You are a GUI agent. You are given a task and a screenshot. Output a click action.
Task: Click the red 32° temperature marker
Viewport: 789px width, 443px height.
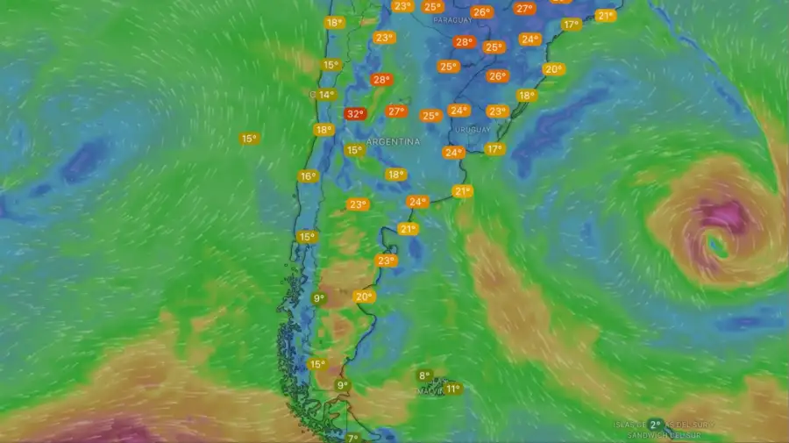pyautogui.click(x=354, y=113)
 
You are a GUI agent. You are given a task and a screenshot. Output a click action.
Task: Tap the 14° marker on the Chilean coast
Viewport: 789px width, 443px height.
pyautogui.click(x=325, y=95)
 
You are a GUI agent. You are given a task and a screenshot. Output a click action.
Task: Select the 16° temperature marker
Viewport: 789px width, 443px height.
pyautogui.click(x=308, y=176)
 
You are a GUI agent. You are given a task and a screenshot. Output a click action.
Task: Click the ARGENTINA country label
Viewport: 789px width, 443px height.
pyautogui.click(x=393, y=141)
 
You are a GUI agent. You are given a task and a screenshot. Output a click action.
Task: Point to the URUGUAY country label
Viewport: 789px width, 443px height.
pyautogui.click(x=473, y=130)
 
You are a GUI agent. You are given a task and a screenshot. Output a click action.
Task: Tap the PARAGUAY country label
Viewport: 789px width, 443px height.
pyautogui.click(x=451, y=19)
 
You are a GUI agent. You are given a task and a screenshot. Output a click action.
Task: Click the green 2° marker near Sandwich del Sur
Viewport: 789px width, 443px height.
pyautogui.click(x=654, y=425)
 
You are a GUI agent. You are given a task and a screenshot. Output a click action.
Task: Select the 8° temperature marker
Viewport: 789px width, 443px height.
pyautogui.click(x=424, y=375)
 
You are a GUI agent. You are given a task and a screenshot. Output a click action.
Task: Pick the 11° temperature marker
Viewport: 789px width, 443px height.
pyautogui.click(x=452, y=389)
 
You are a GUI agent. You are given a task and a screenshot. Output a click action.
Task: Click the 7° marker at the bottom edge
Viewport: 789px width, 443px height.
pyautogui.click(x=352, y=438)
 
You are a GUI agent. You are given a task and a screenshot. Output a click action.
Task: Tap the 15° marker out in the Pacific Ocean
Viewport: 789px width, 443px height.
pyautogui.click(x=249, y=139)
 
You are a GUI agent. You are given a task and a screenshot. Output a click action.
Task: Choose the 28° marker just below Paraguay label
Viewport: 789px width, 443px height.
pyautogui.click(x=463, y=41)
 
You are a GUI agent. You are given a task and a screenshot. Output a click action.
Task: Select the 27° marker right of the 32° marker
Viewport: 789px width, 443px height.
pyautogui.click(x=396, y=111)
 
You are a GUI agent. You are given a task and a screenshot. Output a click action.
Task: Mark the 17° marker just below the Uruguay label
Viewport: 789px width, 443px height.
pyautogui.click(x=494, y=149)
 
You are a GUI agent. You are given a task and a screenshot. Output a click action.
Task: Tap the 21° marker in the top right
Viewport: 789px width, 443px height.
pyautogui.click(x=605, y=16)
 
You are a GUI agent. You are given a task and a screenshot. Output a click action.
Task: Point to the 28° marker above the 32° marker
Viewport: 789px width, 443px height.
pyautogui.click(x=380, y=80)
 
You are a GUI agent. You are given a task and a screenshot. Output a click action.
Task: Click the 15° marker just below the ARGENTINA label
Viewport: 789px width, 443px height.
pyautogui.click(x=353, y=150)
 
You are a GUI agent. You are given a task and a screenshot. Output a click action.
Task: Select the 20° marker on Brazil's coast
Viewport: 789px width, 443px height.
pyautogui.click(x=553, y=69)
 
